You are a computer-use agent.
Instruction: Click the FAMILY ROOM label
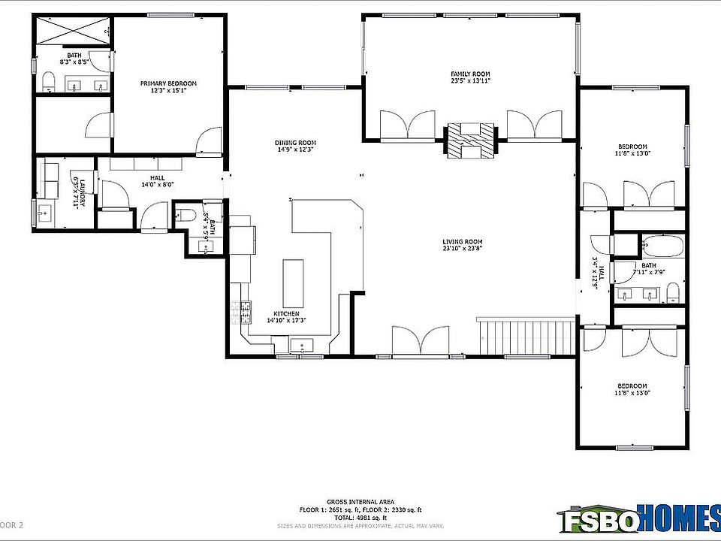470,74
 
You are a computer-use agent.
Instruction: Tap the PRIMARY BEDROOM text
168,83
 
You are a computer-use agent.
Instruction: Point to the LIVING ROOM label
462,241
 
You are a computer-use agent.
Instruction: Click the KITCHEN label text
286,313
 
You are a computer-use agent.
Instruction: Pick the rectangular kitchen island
293,280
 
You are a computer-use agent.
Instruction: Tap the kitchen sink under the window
303,346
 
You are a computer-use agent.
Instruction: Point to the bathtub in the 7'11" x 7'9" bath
662,246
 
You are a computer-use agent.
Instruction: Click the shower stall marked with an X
74,32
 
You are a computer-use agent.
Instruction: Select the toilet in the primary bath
47,81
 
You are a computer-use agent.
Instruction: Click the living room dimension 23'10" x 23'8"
462,248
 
